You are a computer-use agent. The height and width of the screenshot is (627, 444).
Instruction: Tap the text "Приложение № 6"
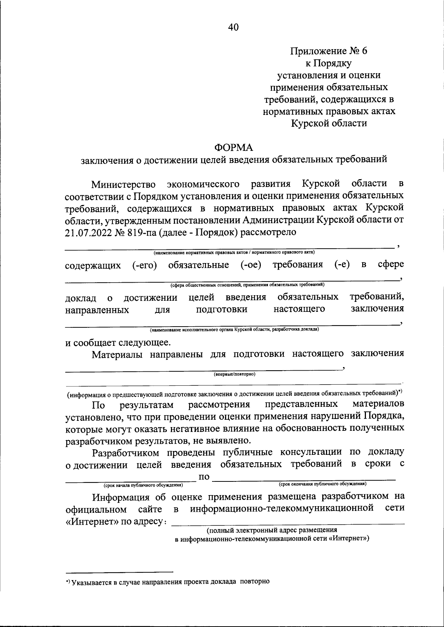(329, 51)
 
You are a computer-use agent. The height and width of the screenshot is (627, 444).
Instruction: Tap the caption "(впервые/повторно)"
(235, 374)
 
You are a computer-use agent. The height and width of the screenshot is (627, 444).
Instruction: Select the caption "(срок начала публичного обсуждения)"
(143, 485)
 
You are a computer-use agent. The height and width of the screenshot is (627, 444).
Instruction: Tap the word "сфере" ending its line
(390, 265)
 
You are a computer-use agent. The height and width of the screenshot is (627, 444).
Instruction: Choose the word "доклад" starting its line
(81, 298)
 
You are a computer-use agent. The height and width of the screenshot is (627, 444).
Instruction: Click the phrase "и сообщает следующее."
(118, 343)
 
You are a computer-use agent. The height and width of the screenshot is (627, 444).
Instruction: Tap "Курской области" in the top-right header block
(329, 123)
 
